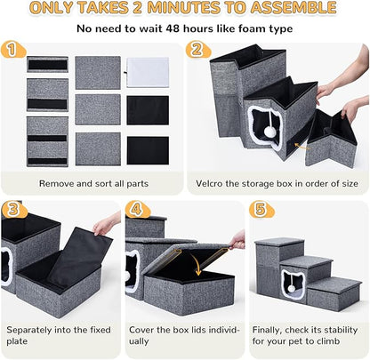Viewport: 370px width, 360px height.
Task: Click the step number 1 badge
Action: [x=12, y=50]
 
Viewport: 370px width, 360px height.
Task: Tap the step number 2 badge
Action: [x=197, y=50]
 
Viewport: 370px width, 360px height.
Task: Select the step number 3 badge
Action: [x=12, y=210]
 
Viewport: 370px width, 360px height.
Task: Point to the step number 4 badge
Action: [x=136, y=210]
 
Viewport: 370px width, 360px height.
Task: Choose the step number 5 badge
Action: [x=259, y=210]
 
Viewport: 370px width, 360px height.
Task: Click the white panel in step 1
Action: [x=147, y=71]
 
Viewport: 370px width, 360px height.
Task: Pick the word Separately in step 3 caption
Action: [x=34, y=328]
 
